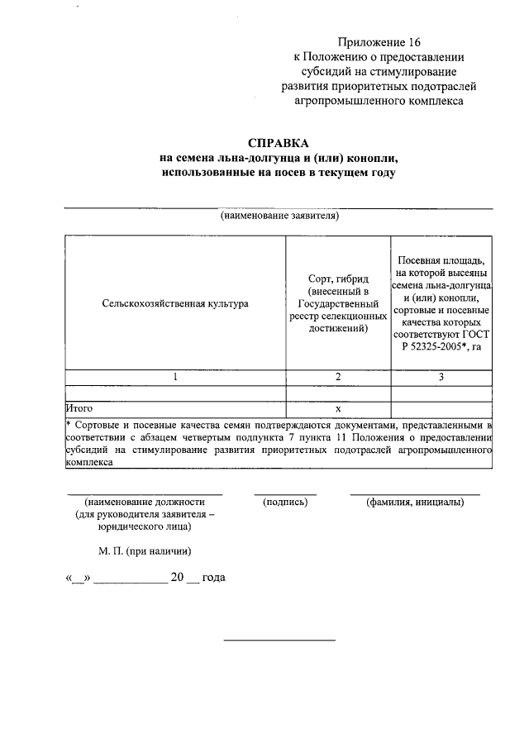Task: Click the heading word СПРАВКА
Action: tap(279, 142)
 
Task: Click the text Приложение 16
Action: tap(385, 41)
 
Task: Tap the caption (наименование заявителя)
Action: tap(279, 217)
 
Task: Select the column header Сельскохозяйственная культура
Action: tap(175, 303)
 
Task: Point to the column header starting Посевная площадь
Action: tap(441, 303)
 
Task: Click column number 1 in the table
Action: tap(175, 377)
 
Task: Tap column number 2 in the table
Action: tap(338, 377)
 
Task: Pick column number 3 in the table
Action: tap(441, 377)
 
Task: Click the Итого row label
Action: tap(79, 408)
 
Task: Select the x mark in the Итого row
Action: tap(338, 408)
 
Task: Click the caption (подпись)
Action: tap(285, 502)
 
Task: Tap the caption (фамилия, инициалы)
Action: tap(415, 502)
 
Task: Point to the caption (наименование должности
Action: tap(144, 502)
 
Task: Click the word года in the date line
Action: tap(213, 578)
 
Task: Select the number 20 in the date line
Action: tap(177, 578)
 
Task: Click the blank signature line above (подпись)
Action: tap(285, 493)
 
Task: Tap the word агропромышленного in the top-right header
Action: tap(341, 101)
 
